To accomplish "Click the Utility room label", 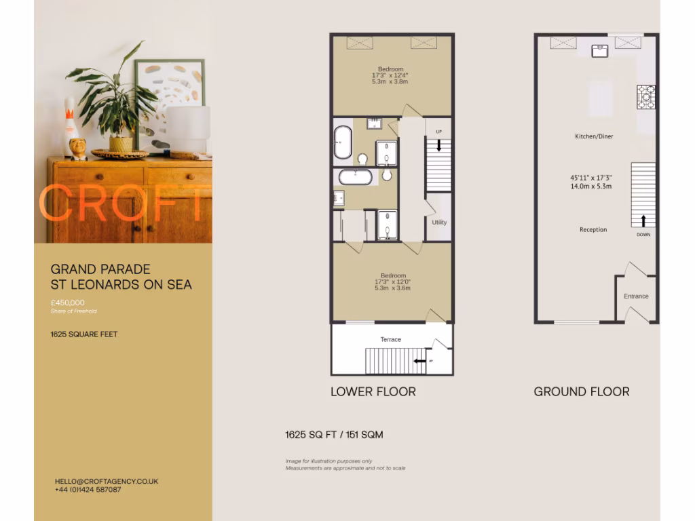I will point(439,223).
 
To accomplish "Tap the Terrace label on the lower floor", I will point(390,339).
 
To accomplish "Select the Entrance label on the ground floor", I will point(636,296).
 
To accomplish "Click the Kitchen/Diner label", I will point(594,136).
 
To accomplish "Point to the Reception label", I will point(593,230).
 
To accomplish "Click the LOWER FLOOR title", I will point(373,391).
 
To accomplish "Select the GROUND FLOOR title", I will point(581,391).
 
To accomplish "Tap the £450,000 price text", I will point(68,303).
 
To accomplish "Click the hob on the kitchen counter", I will point(646,96).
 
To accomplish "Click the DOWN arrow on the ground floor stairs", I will point(643,220).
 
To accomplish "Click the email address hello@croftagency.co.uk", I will point(107,481).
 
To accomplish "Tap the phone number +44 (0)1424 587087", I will point(88,489).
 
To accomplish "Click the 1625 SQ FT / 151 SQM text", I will point(334,434).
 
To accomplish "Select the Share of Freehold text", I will point(73,311).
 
